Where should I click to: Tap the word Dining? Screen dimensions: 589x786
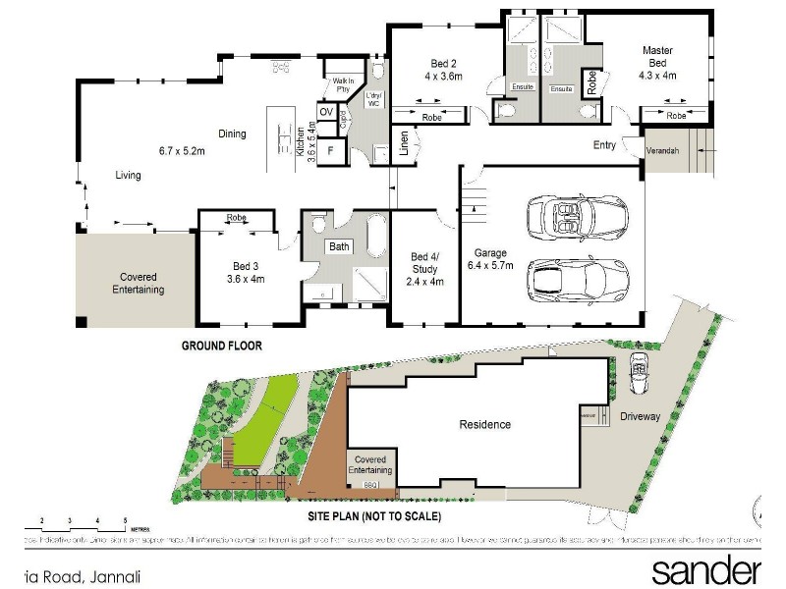[x=232, y=134]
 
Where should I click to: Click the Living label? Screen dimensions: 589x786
[x=128, y=176]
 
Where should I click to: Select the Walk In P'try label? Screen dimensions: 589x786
[x=343, y=84]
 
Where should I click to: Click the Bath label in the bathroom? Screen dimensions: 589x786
[x=340, y=246]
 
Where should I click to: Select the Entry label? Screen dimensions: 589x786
[x=605, y=145]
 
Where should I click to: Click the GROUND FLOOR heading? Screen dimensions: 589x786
[x=222, y=346]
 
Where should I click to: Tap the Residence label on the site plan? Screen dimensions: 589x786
[x=485, y=424]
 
